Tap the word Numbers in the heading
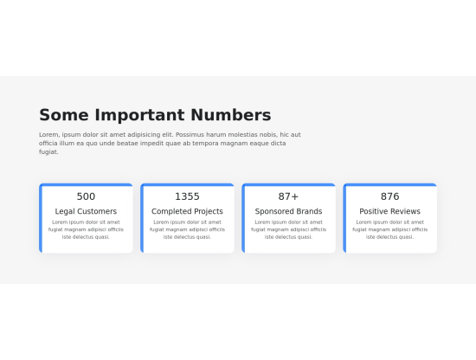(230, 115)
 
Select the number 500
(86, 196)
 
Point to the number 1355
(187, 196)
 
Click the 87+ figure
(288, 196)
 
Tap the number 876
(389, 196)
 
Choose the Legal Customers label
(86, 211)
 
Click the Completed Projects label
(187, 211)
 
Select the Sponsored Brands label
(288, 211)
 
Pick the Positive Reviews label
(389, 211)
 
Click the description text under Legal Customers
(86, 229)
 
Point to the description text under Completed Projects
(187, 229)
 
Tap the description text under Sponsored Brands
(288, 229)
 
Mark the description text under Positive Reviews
(389, 229)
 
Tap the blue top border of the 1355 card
(187, 184)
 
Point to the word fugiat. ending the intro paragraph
(48, 152)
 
